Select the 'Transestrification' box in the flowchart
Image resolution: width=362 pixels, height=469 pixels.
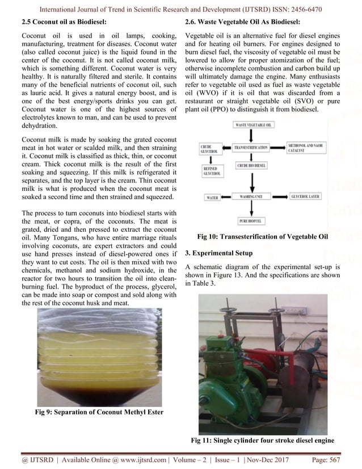(x=254, y=146)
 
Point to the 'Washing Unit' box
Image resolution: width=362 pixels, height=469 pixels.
(x=254, y=197)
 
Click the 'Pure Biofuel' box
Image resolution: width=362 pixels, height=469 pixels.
(x=254, y=221)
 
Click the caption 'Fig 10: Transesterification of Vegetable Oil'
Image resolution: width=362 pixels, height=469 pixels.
(x=262, y=236)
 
